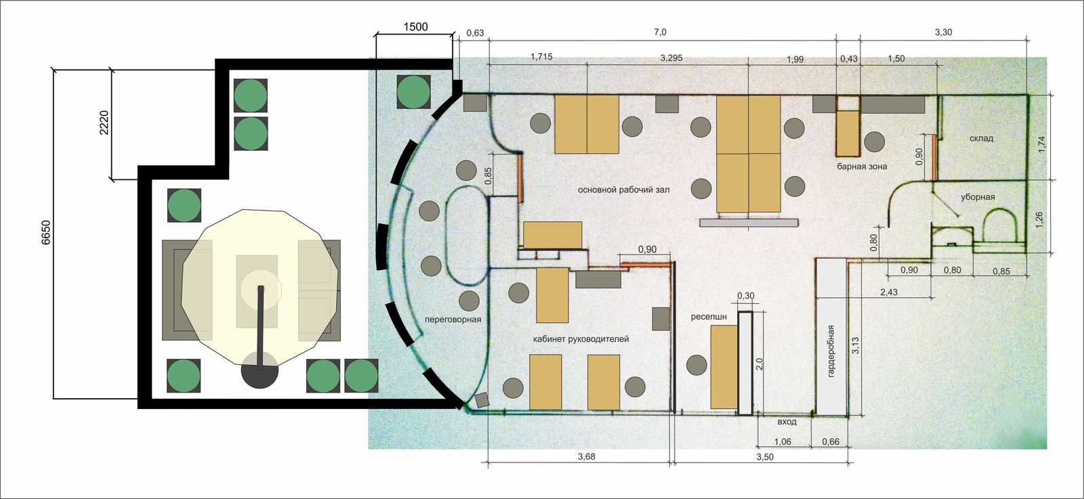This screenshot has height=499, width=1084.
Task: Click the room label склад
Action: (982, 138)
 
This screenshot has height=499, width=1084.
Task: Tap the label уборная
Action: (978, 197)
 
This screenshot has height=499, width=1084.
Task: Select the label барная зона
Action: (862, 167)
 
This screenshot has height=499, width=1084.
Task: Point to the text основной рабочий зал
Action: (624, 190)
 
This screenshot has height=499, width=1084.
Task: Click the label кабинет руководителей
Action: (581, 339)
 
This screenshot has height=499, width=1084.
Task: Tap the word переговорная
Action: (453, 320)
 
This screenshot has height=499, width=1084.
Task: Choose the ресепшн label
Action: (709, 317)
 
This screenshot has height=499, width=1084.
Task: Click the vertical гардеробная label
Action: (831, 351)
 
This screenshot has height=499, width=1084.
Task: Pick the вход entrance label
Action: (787, 422)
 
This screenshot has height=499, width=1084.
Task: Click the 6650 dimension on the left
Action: (45, 233)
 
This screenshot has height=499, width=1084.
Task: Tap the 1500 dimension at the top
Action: (415, 27)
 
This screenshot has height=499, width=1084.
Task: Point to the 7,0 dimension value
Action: (660, 32)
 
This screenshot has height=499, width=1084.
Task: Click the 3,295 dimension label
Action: (671, 58)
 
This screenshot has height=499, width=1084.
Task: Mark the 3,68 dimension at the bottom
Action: (587, 456)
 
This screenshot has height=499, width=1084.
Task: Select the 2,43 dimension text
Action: (888, 292)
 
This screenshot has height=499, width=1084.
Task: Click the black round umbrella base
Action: (260, 370)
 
